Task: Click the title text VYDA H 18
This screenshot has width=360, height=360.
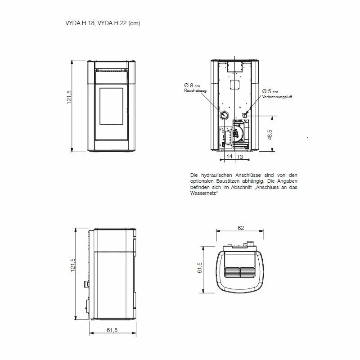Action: tap(81, 23)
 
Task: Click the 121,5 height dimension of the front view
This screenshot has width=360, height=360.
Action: tap(69, 97)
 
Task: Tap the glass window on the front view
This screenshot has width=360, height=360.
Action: tap(111, 106)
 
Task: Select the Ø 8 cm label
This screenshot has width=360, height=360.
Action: tap(192, 85)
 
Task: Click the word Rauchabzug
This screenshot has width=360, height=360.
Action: tap(195, 91)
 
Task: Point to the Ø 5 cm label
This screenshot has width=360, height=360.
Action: tap(270, 91)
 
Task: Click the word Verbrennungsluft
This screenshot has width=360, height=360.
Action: tap(277, 97)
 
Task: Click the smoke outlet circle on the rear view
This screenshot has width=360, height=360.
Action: tap(224, 115)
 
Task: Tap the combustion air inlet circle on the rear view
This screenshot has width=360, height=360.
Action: tap(245, 115)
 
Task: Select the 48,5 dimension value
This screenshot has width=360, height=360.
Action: tap(270, 135)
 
